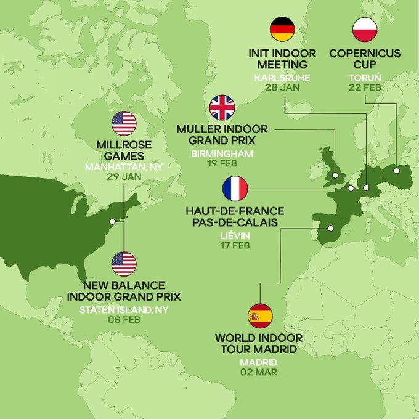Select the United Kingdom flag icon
pyautogui.click(x=222, y=107)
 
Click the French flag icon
pyautogui.click(x=235, y=188)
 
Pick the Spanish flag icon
pyautogui.click(x=259, y=316)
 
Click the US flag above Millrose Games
pyautogui.click(x=124, y=123)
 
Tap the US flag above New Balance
pyautogui.click(x=124, y=264)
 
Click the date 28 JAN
pyautogui.click(x=283, y=88)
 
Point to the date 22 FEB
pyautogui.click(x=365, y=88)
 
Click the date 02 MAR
pyautogui.click(x=259, y=372)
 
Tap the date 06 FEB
pyautogui.click(x=123, y=319)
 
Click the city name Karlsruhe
pyautogui.click(x=283, y=78)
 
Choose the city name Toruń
pyautogui.click(x=365, y=78)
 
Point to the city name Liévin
pyautogui.click(x=235, y=235)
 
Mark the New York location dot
pyautogui.click(x=112, y=221)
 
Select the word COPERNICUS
pyautogui.click(x=365, y=53)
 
